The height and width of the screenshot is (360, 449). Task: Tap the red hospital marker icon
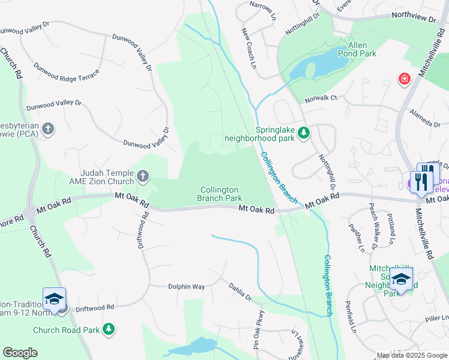pos(405,79)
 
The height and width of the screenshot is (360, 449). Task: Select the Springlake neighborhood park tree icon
pos(304,133)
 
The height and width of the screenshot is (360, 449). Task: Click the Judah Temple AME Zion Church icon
pos(142,176)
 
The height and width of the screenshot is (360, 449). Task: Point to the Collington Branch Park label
pos(220,194)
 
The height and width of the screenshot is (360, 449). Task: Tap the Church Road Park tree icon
pos(108,329)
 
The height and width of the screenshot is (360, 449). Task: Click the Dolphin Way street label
pos(186,287)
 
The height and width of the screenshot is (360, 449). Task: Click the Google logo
pos(20,353)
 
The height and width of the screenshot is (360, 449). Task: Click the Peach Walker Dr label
pos(373,230)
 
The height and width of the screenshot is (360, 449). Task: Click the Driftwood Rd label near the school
pos(95,308)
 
